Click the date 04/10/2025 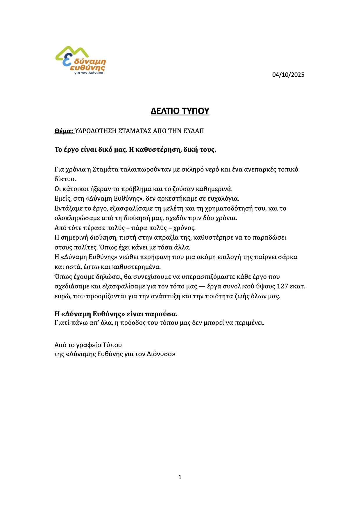pyautogui.click(x=288, y=75)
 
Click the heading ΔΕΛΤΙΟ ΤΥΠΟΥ pyautogui.click(x=180, y=111)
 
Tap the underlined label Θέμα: pyautogui.click(x=64, y=131)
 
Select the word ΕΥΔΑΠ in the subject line pyautogui.click(x=194, y=131)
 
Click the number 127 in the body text pyautogui.click(x=282, y=286)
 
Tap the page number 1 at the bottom pyautogui.click(x=180, y=477)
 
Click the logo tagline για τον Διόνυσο pyautogui.click(x=89, y=73)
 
